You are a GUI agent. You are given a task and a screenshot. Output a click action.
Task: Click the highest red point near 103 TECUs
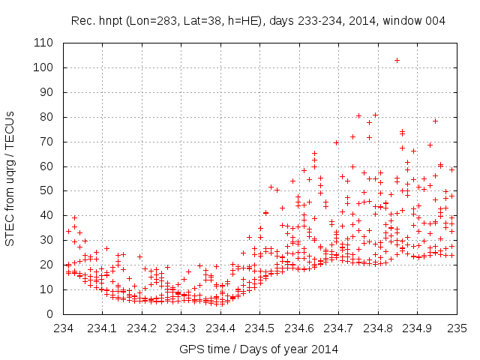pos(397,60)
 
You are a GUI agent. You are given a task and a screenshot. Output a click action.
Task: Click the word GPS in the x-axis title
pos(190,349)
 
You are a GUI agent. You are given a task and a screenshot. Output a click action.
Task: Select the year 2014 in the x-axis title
pos(326,349)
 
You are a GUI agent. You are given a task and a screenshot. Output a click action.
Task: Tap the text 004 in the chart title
pos(436,22)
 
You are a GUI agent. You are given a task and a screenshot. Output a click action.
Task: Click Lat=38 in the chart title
pos(199,22)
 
